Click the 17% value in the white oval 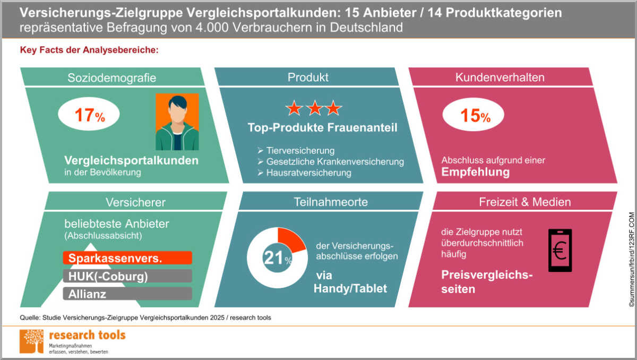[89, 116]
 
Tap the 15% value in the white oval [474, 116]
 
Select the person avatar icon [177, 122]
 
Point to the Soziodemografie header [112, 78]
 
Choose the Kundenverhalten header [500, 78]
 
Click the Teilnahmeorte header [331, 202]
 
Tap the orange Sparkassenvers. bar [127, 258]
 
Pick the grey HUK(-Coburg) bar [127, 276]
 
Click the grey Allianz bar [127, 294]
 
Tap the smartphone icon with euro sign [560, 251]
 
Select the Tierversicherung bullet [300, 150]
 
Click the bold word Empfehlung [476, 172]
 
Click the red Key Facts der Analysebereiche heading [89, 51]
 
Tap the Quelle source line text [145, 318]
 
